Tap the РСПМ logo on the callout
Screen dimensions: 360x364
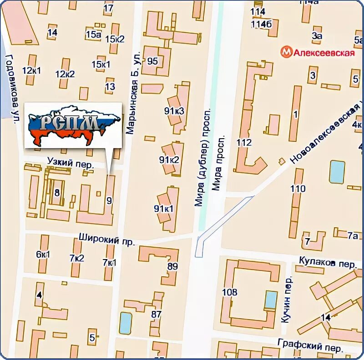point(73,125)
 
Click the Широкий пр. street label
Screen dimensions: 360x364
point(107,239)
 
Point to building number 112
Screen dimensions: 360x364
point(244,143)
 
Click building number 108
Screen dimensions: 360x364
point(230,292)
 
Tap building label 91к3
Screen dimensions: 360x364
point(174,110)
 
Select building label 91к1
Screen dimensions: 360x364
point(164,209)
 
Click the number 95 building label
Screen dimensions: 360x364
point(152,61)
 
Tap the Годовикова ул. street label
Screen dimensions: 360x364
point(12,89)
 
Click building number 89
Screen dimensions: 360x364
point(172,266)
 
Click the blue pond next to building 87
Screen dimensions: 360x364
point(126,323)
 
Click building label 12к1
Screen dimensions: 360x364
point(31,70)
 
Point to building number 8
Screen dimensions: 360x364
point(57,193)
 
